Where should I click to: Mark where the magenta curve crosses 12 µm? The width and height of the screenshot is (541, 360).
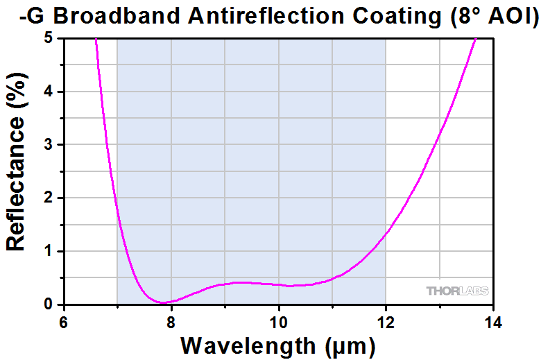point(386,232)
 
